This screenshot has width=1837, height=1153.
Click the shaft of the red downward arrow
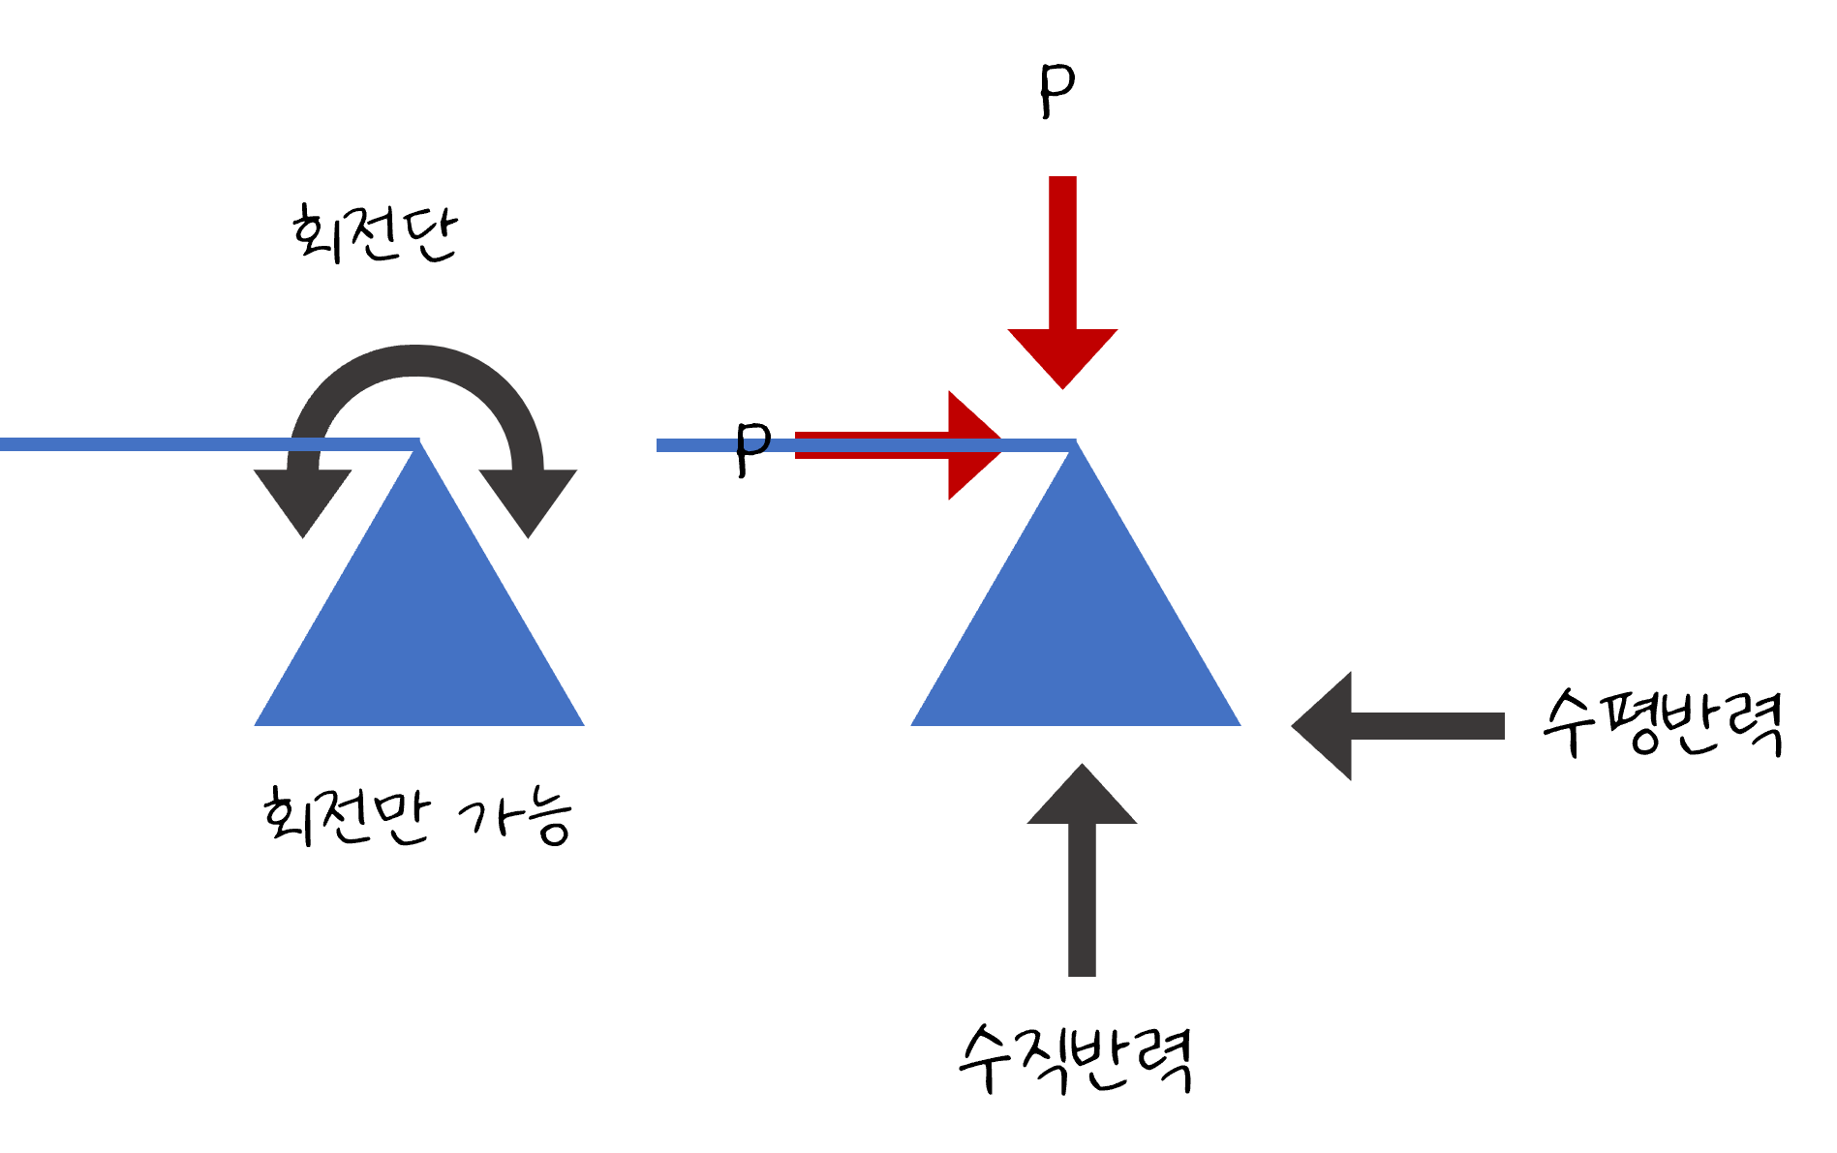coord(1062,252)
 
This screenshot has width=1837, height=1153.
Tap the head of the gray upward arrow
coord(1082,799)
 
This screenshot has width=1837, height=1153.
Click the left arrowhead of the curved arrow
coord(303,499)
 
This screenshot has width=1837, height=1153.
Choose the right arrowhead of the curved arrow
coord(528,499)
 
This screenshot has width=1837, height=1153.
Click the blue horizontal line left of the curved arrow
coord(145,444)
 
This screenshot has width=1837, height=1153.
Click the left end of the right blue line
coord(660,445)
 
